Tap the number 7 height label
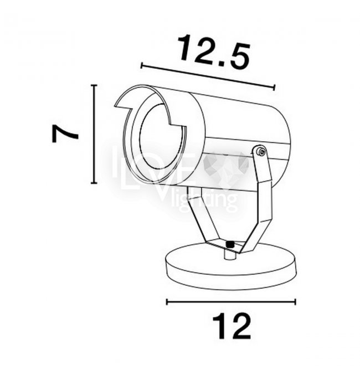(x=65, y=134)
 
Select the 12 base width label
(x=232, y=327)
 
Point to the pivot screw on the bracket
(x=261, y=151)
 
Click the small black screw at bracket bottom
(x=230, y=244)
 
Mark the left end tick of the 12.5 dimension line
(x=142, y=65)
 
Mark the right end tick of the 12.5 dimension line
(x=274, y=88)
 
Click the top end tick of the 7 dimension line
(x=94, y=85)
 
